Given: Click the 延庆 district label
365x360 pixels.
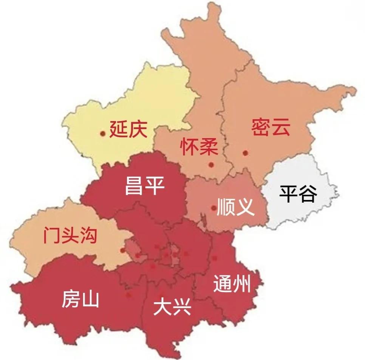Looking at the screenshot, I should click(x=128, y=129).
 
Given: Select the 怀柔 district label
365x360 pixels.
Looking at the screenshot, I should click(x=199, y=147).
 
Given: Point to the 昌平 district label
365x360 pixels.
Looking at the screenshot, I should click(x=145, y=185).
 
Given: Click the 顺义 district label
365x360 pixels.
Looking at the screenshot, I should click(x=235, y=206).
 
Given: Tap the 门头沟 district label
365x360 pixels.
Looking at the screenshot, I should click(x=70, y=235).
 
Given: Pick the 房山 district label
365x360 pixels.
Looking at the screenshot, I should click(x=80, y=299).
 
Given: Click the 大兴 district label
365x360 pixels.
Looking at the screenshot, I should click(x=172, y=308).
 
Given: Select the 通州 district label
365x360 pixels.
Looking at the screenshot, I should click(x=232, y=283).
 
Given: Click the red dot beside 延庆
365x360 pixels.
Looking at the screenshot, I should click(x=102, y=133).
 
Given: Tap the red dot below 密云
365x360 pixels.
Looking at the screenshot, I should click(x=245, y=153).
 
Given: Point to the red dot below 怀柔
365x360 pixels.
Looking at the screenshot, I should click(x=211, y=165).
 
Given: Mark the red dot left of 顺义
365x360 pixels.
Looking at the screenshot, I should click(x=214, y=208).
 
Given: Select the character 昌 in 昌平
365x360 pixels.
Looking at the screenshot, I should click(x=135, y=185).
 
